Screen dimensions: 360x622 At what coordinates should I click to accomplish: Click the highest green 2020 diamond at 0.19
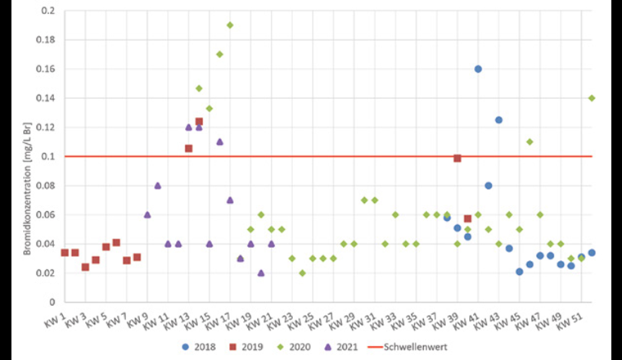point(230,25)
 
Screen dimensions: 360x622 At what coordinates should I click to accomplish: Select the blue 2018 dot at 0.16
point(478,69)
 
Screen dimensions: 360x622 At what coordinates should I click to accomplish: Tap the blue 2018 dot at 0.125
point(498,120)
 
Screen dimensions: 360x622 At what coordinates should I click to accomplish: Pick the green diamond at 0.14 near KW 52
point(592,98)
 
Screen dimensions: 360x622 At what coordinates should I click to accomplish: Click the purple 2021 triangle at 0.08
point(157,186)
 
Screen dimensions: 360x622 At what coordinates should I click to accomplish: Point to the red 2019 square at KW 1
point(65,253)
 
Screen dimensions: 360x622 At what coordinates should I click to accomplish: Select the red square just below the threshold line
point(457,158)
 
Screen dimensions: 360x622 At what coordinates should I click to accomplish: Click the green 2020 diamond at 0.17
point(219,54)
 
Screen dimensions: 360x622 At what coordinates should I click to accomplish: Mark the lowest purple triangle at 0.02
point(261,272)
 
